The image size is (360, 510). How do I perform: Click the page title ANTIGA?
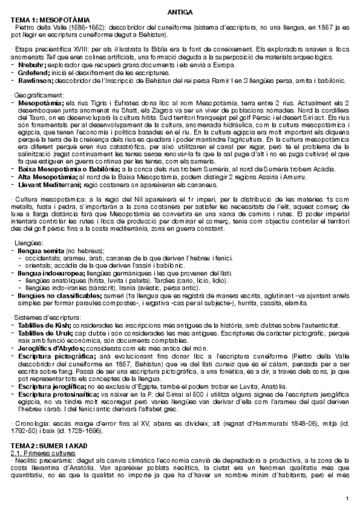click(x=179, y=13)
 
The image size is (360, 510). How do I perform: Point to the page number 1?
click(x=348, y=497)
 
